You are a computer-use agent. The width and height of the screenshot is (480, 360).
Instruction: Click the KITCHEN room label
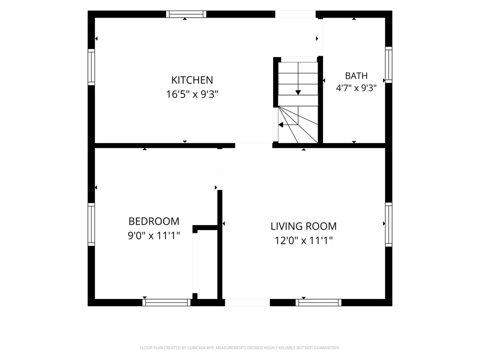point(192,80)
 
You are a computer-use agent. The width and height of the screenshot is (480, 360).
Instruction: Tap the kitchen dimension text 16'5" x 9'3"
point(192,94)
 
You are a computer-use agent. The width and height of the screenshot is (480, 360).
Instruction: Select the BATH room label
point(356,76)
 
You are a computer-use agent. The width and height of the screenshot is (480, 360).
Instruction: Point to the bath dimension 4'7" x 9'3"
point(356,88)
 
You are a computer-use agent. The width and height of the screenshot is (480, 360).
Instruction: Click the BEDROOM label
point(154,221)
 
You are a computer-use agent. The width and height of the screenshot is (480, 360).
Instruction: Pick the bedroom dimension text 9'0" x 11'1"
point(154,236)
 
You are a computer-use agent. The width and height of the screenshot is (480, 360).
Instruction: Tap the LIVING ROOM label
point(303,226)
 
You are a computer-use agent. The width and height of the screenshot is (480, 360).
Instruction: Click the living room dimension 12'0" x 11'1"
point(303,240)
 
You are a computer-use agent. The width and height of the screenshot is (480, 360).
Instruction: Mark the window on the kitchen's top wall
point(186,14)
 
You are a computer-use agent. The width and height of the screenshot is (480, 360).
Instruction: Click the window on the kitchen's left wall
point(91,67)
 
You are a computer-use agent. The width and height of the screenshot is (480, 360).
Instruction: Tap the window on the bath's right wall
point(388,65)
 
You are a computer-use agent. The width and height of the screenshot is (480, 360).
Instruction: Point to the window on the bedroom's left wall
point(91,224)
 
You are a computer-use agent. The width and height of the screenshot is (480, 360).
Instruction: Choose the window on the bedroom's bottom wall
point(167,302)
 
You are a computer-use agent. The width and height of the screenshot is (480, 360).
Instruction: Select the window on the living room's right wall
point(388,224)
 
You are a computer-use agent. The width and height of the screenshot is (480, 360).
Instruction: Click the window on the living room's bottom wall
point(318,302)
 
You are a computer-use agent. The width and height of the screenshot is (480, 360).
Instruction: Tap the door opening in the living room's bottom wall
point(247,302)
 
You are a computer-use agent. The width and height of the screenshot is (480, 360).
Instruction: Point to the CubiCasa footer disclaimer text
point(240,348)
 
